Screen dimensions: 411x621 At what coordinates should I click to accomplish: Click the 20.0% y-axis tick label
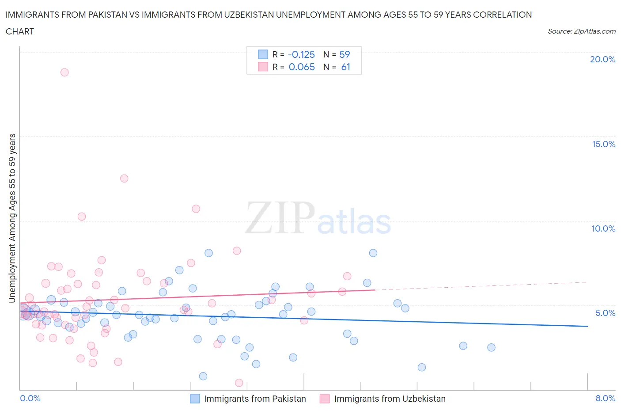click(x=602, y=59)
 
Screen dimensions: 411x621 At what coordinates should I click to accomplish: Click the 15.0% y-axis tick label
click(x=603, y=144)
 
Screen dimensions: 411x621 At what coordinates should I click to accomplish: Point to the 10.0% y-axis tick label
click(x=603, y=228)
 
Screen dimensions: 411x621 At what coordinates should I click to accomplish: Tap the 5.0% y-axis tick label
click(x=605, y=313)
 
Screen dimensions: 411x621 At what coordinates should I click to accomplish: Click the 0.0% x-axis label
click(x=30, y=398)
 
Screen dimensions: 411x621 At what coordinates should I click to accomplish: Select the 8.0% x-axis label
click(x=605, y=398)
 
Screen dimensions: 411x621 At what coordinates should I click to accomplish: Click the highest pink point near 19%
click(x=64, y=72)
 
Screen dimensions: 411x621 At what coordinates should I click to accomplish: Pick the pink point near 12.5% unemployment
click(x=124, y=179)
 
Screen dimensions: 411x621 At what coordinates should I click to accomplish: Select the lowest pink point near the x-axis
click(x=239, y=383)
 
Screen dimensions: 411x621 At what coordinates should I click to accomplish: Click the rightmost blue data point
click(x=491, y=347)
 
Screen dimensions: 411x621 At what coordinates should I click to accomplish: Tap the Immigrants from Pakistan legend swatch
click(x=195, y=399)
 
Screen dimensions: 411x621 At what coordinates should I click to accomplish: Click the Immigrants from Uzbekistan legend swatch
click(x=325, y=399)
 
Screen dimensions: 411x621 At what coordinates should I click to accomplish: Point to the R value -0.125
click(x=301, y=55)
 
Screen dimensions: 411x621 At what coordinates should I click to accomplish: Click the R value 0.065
click(x=302, y=67)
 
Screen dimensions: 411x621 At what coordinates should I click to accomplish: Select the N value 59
click(x=345, y=55)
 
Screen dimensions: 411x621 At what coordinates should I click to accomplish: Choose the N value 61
click(x=345, y=67)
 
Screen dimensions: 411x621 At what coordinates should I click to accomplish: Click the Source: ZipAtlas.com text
click(x=581, y=31)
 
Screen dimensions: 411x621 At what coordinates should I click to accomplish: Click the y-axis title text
click(x=12, y=218)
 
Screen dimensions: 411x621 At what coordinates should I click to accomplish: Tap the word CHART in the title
click(x=20, y=31)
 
